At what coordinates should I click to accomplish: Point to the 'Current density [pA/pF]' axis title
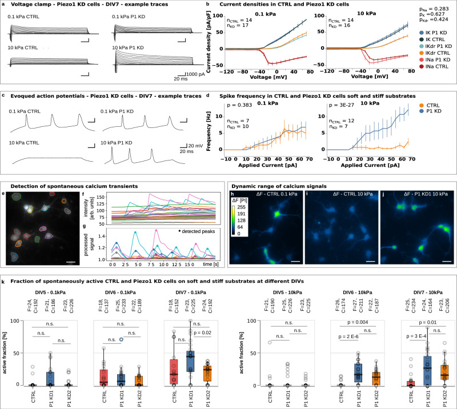point(219,38)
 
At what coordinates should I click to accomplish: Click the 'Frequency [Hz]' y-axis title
point(219,130)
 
